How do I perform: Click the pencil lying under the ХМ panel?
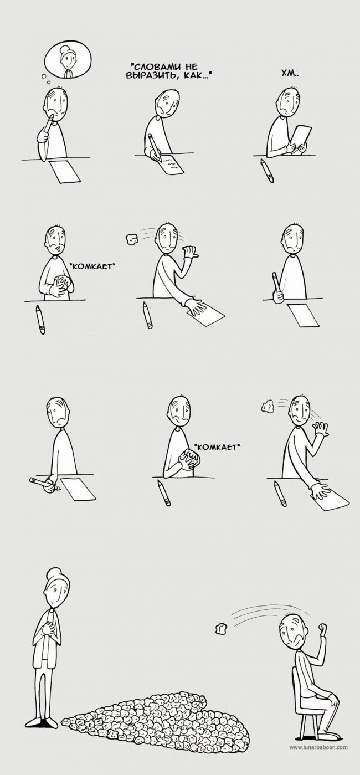tap(267, 171)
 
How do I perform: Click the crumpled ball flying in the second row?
tap(131, 238)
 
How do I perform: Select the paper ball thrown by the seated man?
tap(221, 628)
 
